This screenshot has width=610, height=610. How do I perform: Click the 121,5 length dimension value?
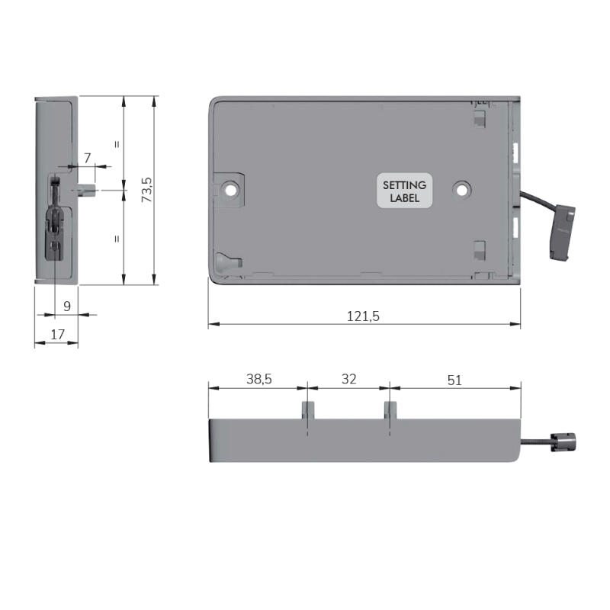click(x=363, y=316)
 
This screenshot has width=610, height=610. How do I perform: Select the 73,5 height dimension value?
click(x=147, y=190)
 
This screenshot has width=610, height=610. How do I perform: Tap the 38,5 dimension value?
click(x=259, y=379)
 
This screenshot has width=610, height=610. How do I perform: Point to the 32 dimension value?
click(x=349, y=379)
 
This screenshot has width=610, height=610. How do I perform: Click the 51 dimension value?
click(x=454, y=380)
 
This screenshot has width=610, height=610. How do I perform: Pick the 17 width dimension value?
click(x=58, y=335)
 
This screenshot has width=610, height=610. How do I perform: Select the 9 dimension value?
click(x=67, y=307)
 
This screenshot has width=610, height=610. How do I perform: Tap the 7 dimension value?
click(x=88, y=158)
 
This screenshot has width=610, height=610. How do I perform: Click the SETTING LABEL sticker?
click(x=405, y=191)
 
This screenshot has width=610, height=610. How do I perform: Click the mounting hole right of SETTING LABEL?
click(x=462, y=190)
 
